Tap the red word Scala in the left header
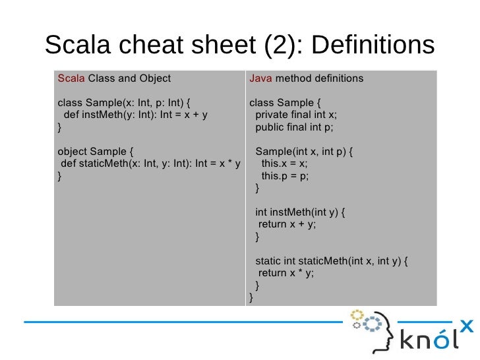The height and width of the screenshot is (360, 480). (71, 78)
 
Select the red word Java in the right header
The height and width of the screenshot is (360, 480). (260, 78)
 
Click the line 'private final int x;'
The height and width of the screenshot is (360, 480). (296, 114)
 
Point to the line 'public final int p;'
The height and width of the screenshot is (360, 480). (295, 127)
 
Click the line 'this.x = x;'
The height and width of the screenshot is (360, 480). (284, 164)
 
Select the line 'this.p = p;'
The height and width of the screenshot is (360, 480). (285, 176)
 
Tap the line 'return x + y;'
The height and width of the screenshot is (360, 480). (287, 224)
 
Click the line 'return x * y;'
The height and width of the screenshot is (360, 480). (286, 273)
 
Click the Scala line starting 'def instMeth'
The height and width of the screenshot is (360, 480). (136, 114)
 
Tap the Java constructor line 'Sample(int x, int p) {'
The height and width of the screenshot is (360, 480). (304, 151)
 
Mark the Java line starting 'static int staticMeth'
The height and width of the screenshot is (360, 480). (332, 260)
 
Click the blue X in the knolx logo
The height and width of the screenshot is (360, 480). (466, 324)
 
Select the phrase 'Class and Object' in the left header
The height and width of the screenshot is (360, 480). (129, 78)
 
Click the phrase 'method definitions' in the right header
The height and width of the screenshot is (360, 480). (319, 78)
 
